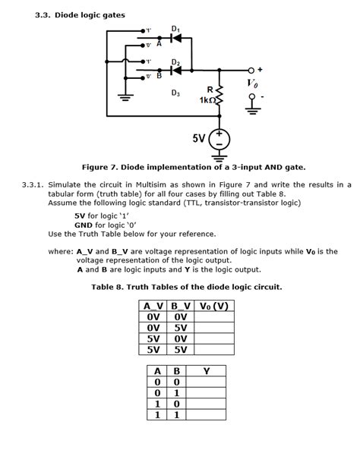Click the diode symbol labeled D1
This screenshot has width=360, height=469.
175,37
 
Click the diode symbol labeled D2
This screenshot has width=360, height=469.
175,70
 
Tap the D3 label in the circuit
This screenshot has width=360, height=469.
175,93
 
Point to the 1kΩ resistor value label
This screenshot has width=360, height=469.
209,101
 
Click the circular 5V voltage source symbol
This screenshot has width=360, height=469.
220,140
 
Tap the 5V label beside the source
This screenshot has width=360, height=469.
199,139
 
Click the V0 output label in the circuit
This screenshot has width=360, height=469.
253,82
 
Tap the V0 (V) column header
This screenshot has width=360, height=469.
213,306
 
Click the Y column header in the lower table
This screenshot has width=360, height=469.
205,371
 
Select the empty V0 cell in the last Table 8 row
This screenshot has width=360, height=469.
213,349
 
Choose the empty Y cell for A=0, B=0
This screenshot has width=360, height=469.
205,382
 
